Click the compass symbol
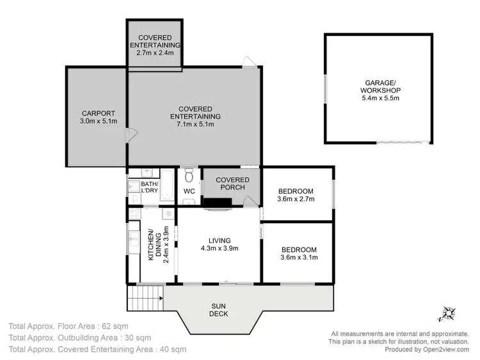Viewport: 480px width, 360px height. [445, 314]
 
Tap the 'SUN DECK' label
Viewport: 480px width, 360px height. [219, 309]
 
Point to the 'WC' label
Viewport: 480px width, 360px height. [189, 191]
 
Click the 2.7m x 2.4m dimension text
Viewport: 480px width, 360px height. [154, 53]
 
